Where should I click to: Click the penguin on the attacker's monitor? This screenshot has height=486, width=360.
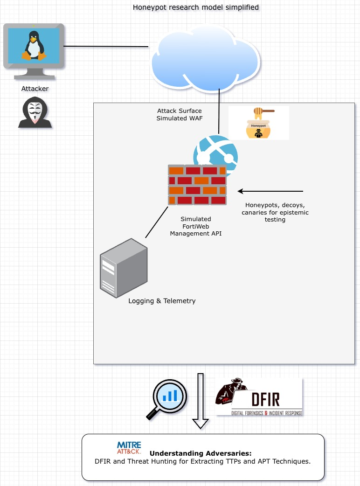[34, 45]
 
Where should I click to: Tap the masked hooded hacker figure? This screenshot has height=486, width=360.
[35, 112]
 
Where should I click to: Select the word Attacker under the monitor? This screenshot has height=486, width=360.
[35, 89]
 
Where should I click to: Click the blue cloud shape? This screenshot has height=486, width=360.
[206, 59]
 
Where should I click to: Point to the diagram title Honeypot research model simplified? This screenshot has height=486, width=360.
[196, 7]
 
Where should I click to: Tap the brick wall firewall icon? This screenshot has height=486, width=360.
[197, 185]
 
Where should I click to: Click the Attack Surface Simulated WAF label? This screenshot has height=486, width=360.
[180, 114]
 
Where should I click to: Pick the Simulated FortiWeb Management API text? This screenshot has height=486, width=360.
[196, 226]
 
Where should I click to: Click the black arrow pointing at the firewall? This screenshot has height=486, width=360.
[270, 191]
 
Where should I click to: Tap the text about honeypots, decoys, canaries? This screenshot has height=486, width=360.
[275, 212]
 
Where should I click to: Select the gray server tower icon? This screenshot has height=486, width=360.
[124, 268]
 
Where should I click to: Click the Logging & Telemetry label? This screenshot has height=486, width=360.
[162, 301]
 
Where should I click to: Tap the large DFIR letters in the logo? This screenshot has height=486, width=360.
[265, 399]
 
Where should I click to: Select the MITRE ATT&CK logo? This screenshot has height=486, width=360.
[129, 448]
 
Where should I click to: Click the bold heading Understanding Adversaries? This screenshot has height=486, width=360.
[201, 453]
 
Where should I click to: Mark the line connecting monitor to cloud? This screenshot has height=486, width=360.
[106, 47]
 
